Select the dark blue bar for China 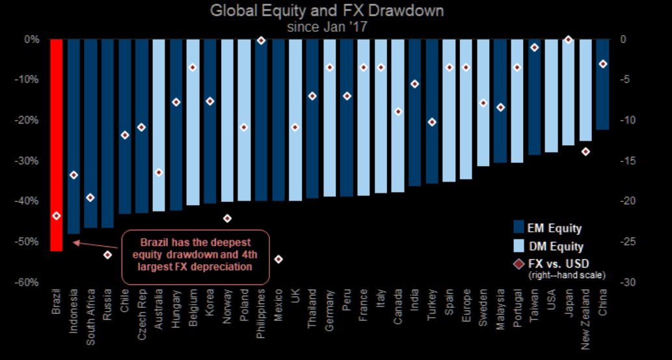point(602,85)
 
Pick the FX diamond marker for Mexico point(278,259)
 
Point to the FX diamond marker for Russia point(107,255)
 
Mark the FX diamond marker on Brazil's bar point(57,215)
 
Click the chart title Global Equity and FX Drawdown point(336,11)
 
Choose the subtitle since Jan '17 point(336,27)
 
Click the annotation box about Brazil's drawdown point(195,256)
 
